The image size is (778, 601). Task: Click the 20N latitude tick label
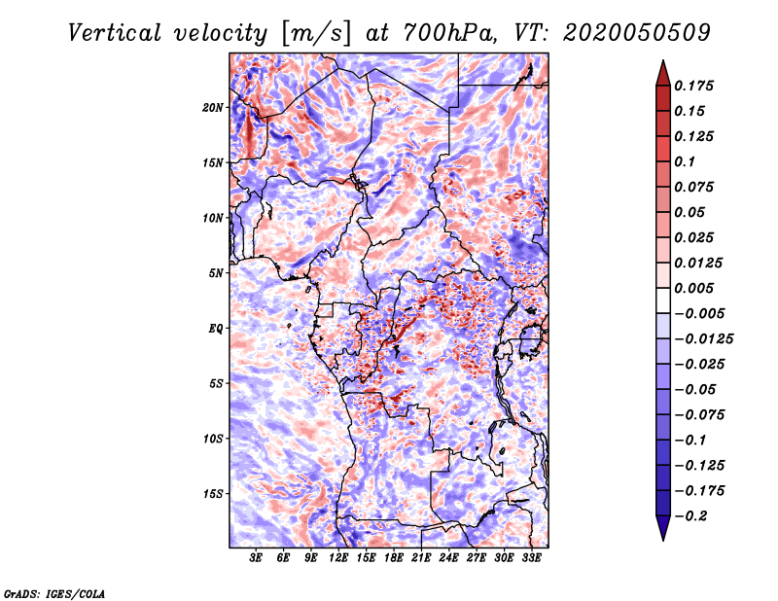click(x=213, y=108)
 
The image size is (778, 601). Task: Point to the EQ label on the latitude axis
click(x=216, y=329)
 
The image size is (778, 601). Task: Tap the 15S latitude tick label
click(x=213, y=494)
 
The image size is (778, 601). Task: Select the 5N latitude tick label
click(x=216, y=273)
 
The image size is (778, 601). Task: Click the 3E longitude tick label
click(x=256, y=558)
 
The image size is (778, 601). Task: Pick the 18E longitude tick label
click(x=394, y=558)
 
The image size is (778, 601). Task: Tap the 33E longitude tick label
click(x=531, y=558)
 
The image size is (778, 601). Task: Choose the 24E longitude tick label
click(x=448, y=558)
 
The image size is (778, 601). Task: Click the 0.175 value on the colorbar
click(x=693, y=86)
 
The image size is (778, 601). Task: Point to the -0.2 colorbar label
click(x=690, y=516)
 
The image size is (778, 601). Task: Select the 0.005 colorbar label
click(x=693, y=288)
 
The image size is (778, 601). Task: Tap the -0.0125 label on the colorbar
click(x=703, y=339)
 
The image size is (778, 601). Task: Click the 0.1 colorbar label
click(x=685, y=161)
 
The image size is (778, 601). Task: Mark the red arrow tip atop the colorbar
click(x=663, y=60)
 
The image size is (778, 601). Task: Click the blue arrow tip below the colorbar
click(x=663, y=540)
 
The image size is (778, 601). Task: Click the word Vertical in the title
click(x=115, y=33)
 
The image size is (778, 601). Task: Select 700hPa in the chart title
click(x=450, y=33)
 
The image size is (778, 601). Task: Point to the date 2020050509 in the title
click(x=637, y=33)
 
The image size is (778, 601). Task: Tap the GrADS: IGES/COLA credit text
click(x=54, y=594)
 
